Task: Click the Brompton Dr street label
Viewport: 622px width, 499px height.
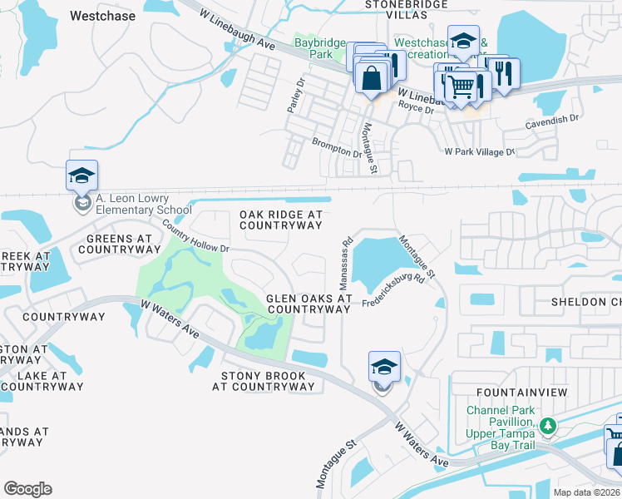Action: [337, 148]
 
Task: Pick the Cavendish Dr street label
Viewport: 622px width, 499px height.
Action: [551, 121]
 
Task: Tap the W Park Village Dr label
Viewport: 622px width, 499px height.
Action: [480, 152]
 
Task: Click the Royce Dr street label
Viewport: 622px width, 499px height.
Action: [416, 109]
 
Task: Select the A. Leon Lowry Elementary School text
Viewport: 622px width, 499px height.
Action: [132, 204]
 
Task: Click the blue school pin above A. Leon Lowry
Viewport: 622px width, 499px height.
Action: [82, 176]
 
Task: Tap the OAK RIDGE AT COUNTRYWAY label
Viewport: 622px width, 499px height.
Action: [280, 220]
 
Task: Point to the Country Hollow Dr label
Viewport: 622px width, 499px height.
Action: [195, 237]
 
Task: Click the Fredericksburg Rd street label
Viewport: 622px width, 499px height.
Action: [393, 292]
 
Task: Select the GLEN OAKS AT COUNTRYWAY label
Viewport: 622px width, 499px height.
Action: [309, 304]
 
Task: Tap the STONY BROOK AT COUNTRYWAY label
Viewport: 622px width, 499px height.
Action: [263, 381]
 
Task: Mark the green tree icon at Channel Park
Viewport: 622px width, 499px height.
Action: [546, 427]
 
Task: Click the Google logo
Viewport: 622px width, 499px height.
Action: [27, 489]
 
